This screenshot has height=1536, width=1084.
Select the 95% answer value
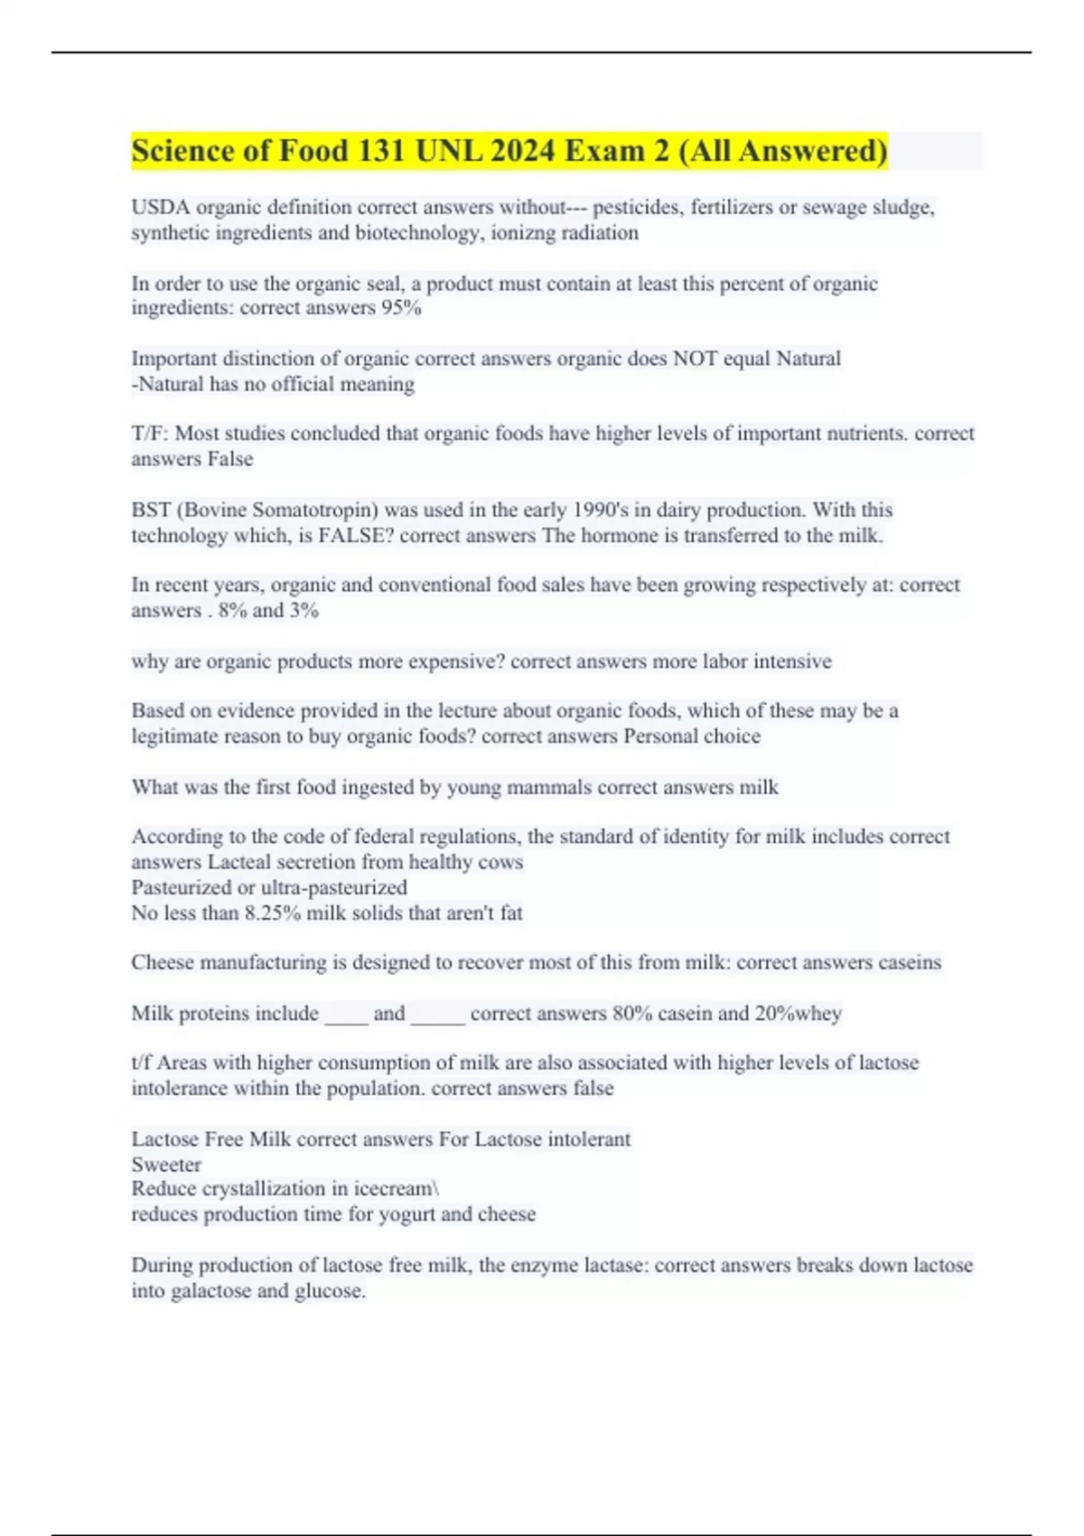[401, 308]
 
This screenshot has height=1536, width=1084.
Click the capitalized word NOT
[697, 359]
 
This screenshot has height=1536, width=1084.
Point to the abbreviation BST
[151, 510]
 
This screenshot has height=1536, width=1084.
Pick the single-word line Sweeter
[166, 1165]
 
